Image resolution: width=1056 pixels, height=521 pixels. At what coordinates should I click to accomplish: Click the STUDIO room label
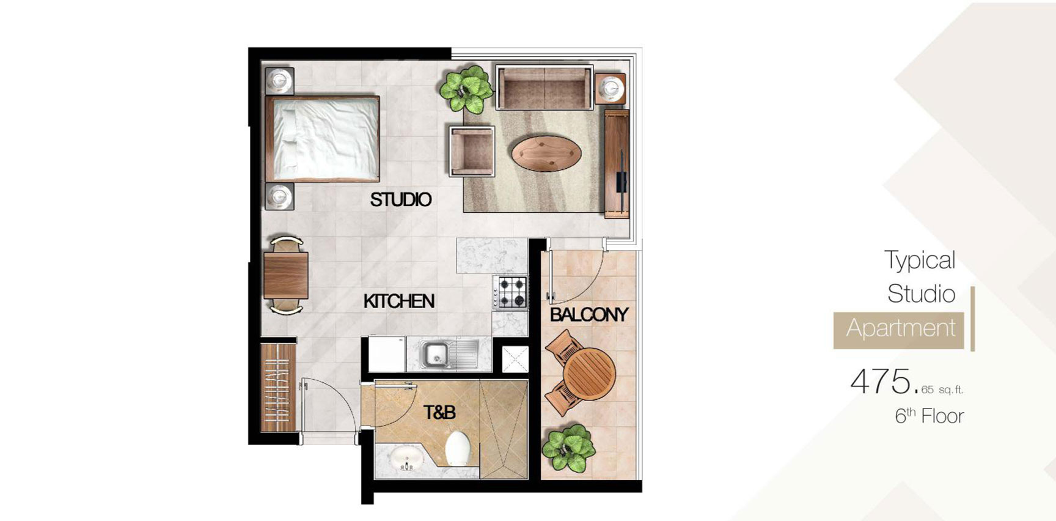tap(400, 199)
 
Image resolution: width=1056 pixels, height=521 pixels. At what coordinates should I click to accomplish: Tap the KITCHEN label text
tap(398, 301)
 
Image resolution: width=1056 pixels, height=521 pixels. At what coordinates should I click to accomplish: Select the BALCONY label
tap(588, 314)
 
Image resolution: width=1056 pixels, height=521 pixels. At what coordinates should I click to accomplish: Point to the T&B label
tap(439, 413)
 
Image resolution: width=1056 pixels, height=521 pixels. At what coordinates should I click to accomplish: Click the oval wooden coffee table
tap(546, 153)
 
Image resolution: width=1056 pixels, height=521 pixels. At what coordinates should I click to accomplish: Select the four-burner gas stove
tap(510, 292)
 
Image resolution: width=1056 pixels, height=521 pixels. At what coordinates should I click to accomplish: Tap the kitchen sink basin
tap(436, 355)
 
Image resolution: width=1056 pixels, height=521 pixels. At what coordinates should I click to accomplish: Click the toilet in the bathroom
tap(458, 449)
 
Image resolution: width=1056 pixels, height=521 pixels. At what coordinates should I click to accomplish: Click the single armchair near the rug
tap(471, 152)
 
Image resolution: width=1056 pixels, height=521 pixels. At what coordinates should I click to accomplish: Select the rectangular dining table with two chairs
tap(285, 275)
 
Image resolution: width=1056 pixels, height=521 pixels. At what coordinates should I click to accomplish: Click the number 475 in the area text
tap(880, 382)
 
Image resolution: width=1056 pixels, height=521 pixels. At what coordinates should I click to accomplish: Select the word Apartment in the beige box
tap(900, 328)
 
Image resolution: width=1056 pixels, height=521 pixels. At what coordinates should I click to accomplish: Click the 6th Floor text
tap(929, 416)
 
